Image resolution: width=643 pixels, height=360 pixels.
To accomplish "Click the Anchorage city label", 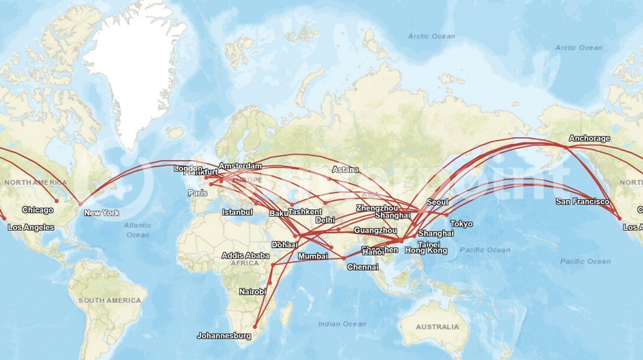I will [x=589, y=139].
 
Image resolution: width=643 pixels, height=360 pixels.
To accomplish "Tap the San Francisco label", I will [x=582, y=202].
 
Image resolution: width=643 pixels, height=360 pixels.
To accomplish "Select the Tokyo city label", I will [x=461, y=224].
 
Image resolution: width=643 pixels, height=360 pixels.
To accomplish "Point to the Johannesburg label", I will [x=224, y=336].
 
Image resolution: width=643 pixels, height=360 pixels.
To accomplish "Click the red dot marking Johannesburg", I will [x=255, y=326].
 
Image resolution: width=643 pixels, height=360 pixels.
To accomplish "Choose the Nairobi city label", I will [x=252, y=292].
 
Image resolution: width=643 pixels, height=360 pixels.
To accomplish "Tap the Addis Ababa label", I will [x=245, y=256].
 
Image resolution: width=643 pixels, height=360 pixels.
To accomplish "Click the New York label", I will [x=101, y=213].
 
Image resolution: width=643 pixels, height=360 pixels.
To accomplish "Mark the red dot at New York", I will [x=81, y=204].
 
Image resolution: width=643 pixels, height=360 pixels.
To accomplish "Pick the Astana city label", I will [x=345, y=170].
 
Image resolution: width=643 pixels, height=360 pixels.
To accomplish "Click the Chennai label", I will [x=363, y=267].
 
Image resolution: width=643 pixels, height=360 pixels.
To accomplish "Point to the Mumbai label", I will [x=313, y=256].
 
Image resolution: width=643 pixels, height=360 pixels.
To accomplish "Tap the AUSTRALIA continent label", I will [x=437, y=327].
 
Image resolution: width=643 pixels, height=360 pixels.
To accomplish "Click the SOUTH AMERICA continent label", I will [x=110, y=300].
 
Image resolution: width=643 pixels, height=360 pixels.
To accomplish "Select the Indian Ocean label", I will [x=342, y=324].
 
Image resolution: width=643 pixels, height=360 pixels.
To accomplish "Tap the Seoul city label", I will [x=437, y=202].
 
